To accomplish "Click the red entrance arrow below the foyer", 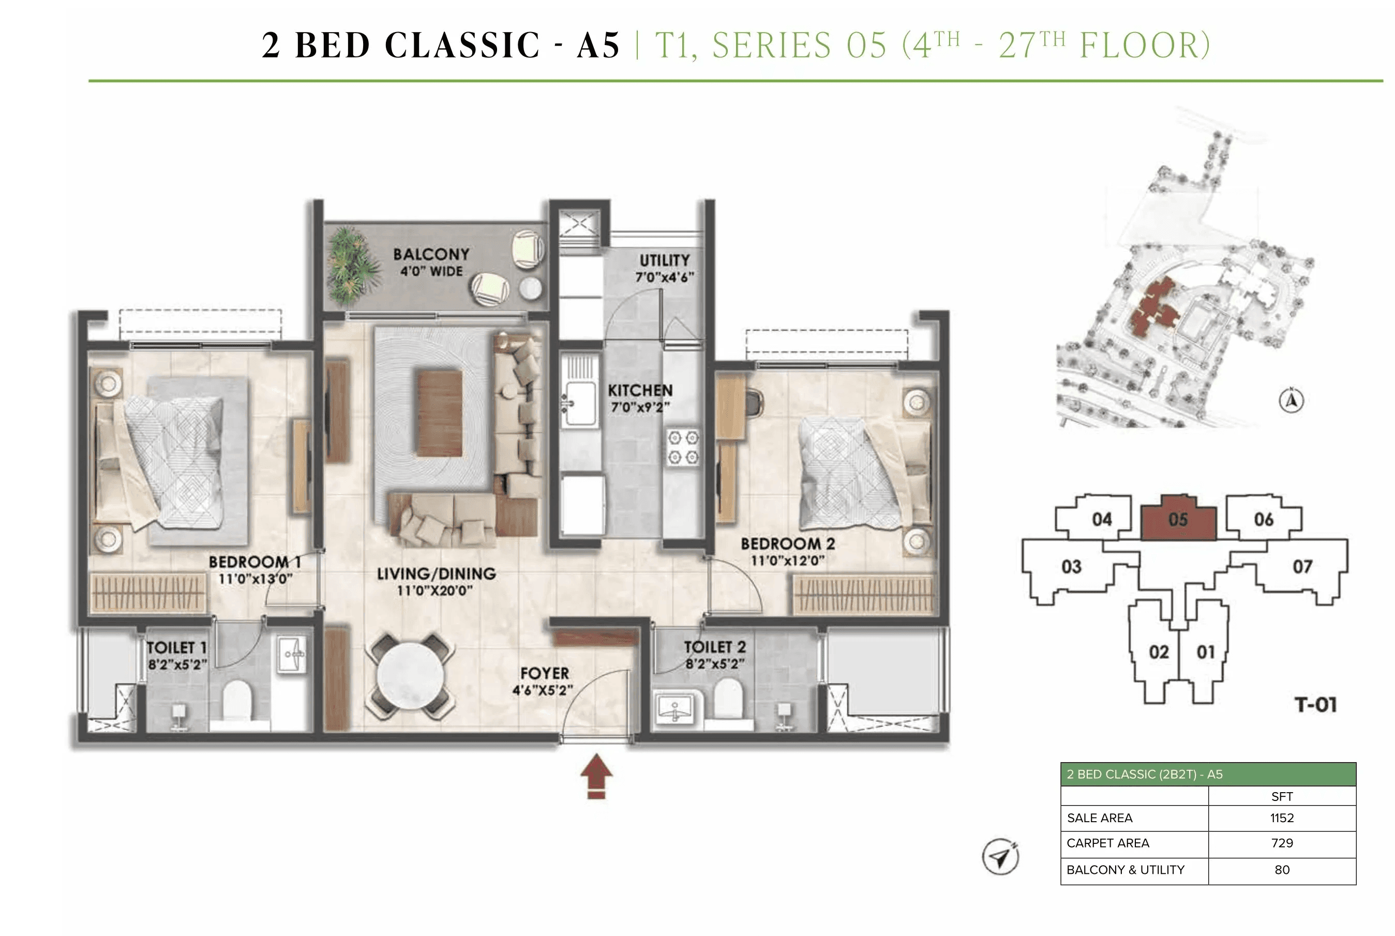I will tap(596, 777).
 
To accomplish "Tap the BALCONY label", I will tap(431, 254).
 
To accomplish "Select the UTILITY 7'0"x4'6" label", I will tap(664, 268).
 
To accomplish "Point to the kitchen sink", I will tap(579, 403).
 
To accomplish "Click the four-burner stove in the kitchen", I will tap(683, 447).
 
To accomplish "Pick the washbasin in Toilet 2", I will tap(674, 708).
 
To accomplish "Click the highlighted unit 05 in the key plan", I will tap(1178, 519).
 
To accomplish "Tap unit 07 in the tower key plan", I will tap(1302, 566).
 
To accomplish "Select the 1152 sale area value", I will tap(1282, 818).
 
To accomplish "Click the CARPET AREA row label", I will tap(1107, 843).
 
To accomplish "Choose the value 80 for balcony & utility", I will tap(1282, 870).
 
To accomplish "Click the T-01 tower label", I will tap(1315, 705).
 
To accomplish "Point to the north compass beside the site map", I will tap(1291, 400).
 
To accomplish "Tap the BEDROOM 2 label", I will tap(788, 544).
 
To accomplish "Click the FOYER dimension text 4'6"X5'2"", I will tap(543, 691).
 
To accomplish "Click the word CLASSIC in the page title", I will tap(462, 46).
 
